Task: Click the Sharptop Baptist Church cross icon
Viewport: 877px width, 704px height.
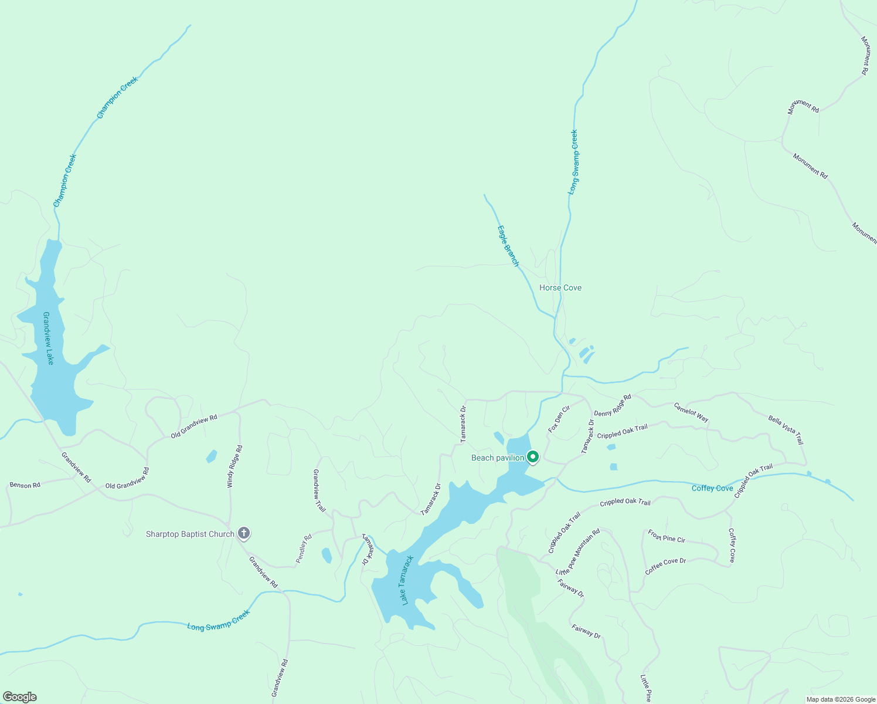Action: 244,534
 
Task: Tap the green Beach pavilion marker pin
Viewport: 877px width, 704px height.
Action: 533,456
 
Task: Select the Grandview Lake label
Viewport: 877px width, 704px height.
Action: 48,338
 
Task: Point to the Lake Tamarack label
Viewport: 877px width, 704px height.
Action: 407,580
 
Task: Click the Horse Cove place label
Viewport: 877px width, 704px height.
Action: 560,287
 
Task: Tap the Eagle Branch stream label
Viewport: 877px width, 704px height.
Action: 508,246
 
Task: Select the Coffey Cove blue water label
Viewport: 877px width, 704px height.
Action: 712,488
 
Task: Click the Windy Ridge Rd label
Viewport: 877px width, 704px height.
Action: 234,466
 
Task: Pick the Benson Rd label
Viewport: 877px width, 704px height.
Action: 25,485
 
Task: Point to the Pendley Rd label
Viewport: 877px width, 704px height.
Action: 304,549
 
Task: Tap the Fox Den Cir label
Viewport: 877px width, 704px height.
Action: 559,419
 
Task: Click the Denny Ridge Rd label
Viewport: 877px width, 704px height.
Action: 613,405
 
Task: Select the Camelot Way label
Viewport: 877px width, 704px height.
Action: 691,412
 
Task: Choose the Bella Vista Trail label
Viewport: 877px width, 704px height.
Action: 786,430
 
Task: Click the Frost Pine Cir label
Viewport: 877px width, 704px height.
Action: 667,536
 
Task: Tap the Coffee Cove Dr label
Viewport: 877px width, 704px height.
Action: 665,566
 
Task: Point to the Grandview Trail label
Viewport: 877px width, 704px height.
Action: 319,490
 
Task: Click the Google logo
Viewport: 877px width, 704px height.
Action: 19,697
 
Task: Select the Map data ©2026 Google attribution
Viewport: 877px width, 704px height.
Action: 840,699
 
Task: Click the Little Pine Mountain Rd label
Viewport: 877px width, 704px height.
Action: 578,551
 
